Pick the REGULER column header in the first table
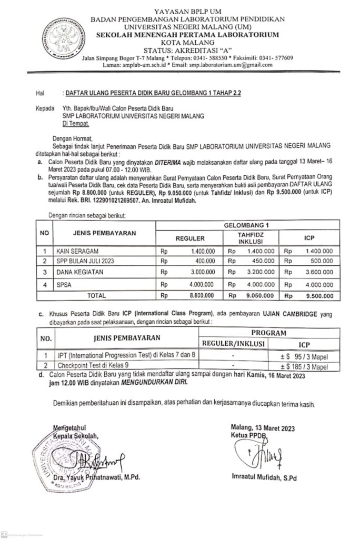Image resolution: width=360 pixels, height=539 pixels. (x=189, y=238)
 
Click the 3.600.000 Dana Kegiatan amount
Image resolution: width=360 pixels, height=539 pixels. (x=318, y=272)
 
